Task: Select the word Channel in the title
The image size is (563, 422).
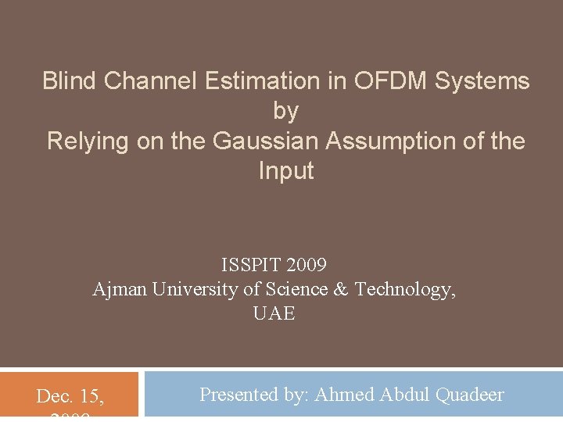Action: pos(149,81)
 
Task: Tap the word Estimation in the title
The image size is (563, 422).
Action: pos(263,81)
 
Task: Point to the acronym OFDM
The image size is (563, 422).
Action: pos(389,81)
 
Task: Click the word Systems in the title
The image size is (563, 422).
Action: pos(485,81)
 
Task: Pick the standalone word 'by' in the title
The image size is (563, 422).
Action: pos(285,112)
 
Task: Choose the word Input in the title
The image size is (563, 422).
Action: pos(285,172)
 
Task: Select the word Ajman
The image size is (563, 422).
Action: pos(120,290)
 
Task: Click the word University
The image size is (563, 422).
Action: pos(195,290)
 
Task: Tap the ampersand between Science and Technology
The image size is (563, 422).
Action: pos(341,290)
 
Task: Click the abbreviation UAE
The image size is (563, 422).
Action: pos(274,314)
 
